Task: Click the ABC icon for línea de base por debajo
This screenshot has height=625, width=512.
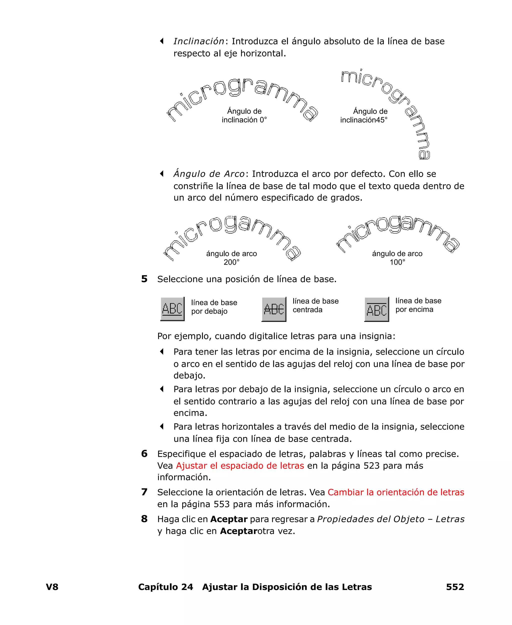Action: (x=172, y=309)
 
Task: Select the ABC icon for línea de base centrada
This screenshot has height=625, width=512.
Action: (x=274, y=309)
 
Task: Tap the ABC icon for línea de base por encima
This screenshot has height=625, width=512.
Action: (x=377, y=309)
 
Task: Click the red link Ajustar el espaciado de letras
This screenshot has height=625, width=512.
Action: (x=240, y=466)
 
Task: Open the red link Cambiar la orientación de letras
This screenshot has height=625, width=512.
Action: (x=396, y=492)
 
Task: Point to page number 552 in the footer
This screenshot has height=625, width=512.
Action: (x=455, y=587)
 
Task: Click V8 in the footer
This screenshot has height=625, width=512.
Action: (x=52, y=587)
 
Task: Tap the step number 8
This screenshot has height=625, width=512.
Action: (x=144, y=519)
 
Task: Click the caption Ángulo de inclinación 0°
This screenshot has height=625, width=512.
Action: (x=244, y=115)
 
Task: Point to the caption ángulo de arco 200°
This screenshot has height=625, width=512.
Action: (x=231, y=258)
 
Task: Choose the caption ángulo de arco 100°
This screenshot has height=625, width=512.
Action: (x=397, y=258)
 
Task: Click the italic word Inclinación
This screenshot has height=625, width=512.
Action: (x=199, y=41)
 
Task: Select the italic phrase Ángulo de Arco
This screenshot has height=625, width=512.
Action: (x=209, y=174)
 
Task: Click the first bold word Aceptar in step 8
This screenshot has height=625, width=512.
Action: (x=229, y=519)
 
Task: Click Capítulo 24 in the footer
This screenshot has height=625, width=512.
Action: (x=165, y=587)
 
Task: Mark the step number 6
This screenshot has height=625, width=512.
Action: (x=144, y=454)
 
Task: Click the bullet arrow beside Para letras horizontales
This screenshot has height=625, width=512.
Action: (x=161, y=426)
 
